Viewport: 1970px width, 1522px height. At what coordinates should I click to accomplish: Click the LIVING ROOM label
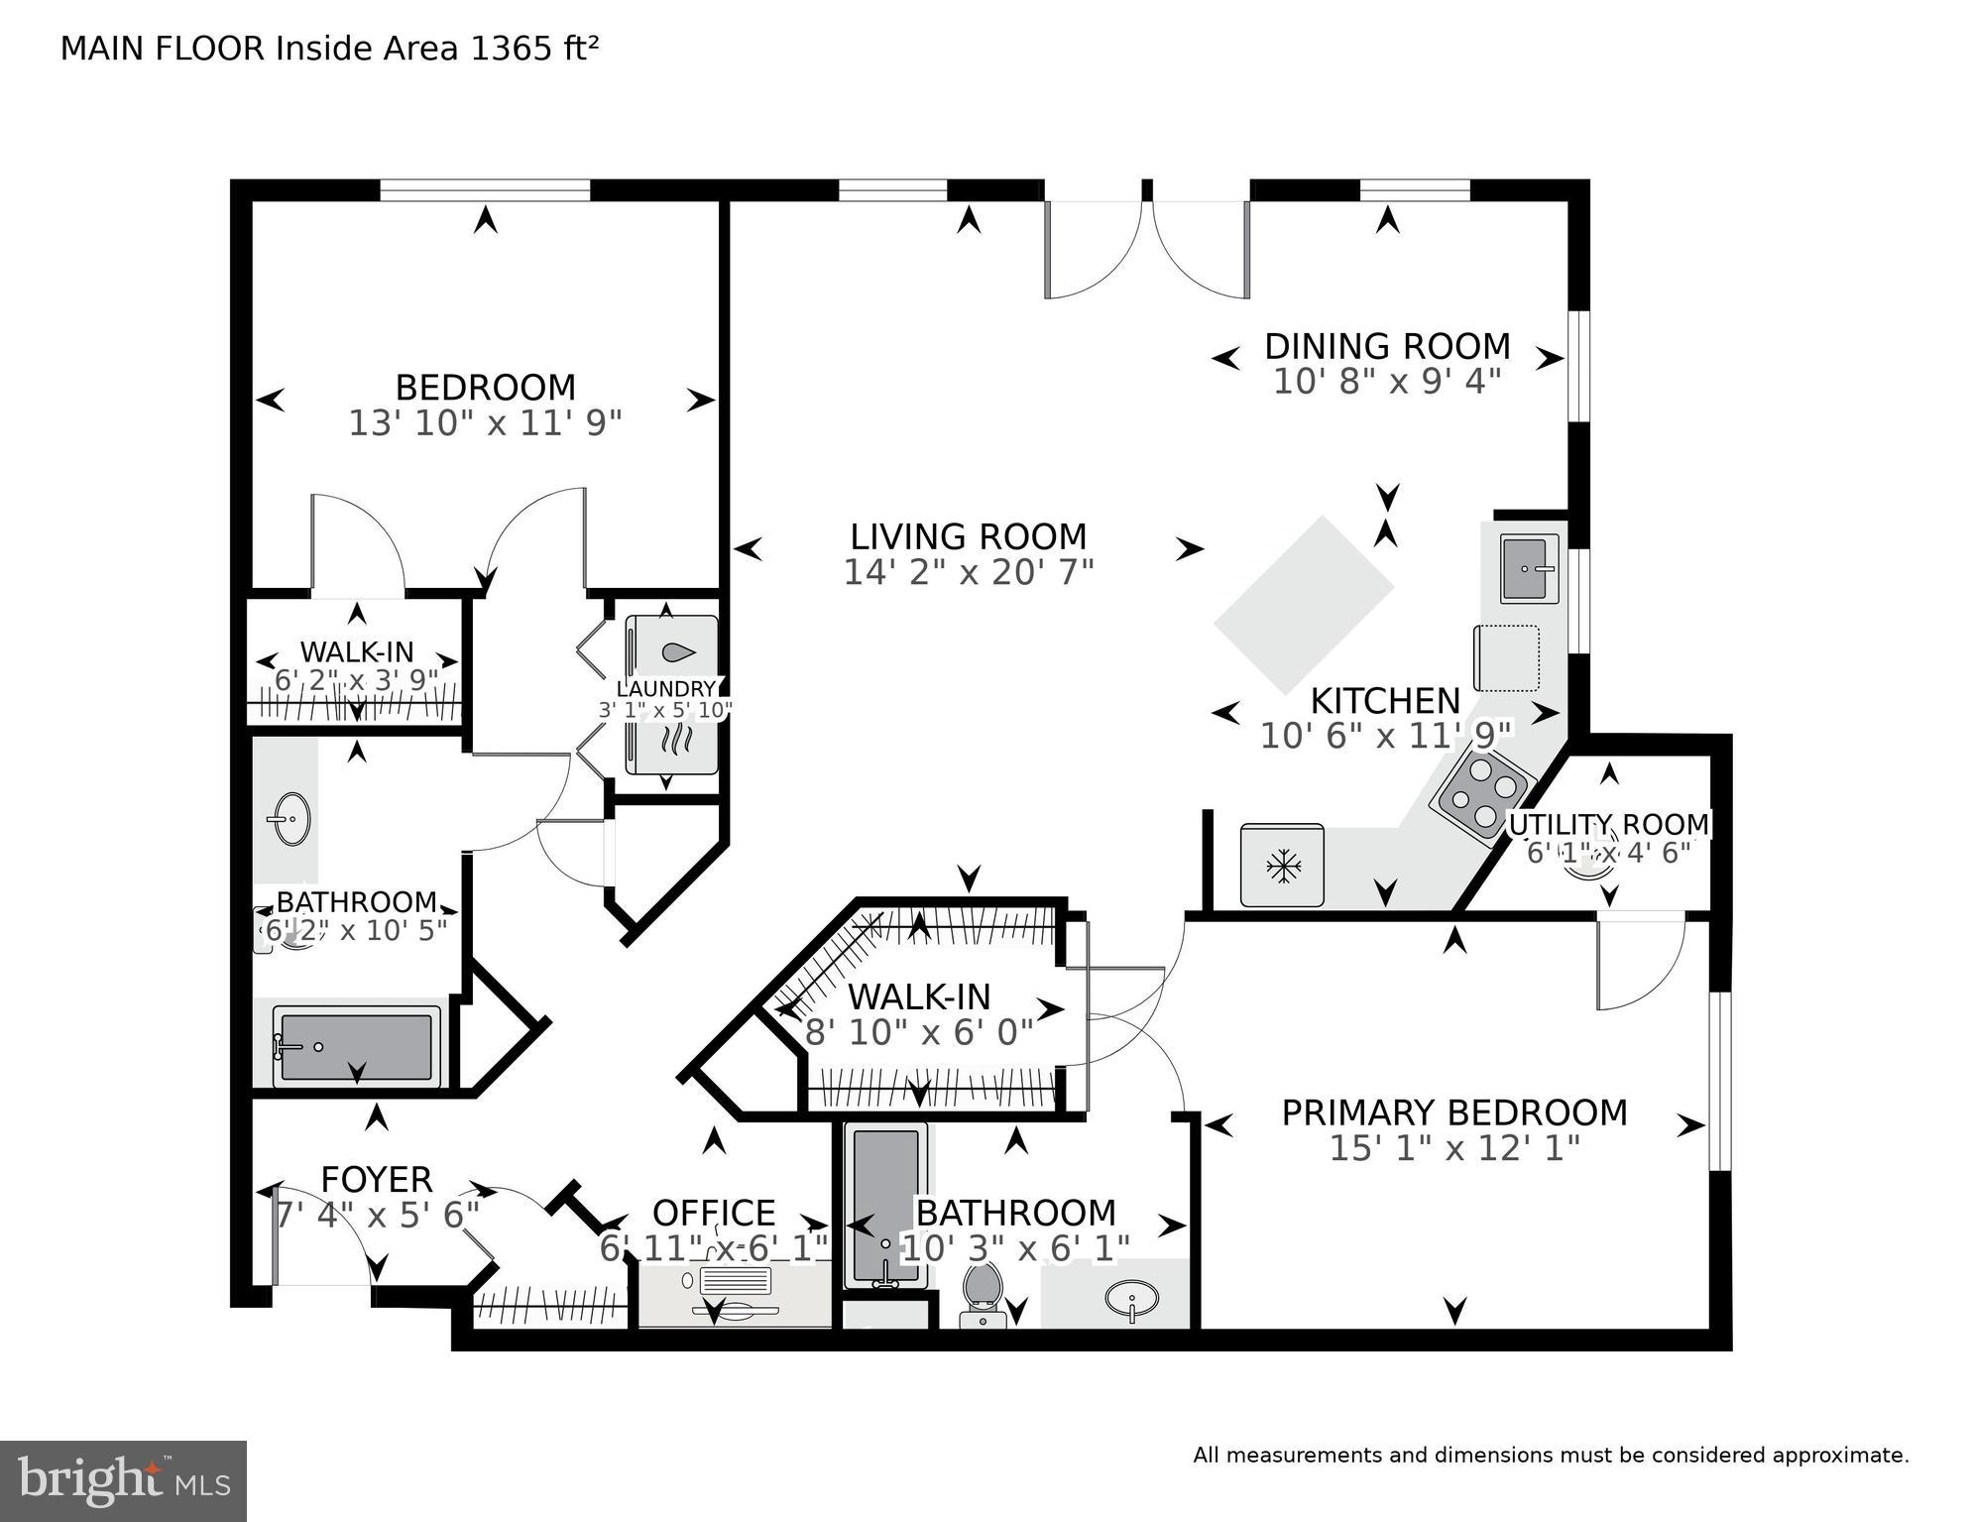click(x=968, y=536)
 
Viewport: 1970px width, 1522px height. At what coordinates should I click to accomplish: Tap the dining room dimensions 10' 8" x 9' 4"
click(x=1386, y=382)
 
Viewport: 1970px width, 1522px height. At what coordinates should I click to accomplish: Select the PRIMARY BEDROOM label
click(x=1453, y=1112)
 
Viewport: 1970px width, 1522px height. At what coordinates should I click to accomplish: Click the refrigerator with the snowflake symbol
click(x=1282, y=865)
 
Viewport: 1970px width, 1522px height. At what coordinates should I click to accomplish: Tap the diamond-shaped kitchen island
click(x=1304, y=604)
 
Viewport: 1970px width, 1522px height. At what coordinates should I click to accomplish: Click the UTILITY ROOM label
click(x=1608, y=824)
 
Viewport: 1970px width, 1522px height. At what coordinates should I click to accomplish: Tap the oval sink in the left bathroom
click(x=289, y=819)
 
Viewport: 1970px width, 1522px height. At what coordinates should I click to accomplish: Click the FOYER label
click(x=377, y=1179)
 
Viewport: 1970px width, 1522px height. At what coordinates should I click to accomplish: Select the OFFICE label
click(x=713, y=1213)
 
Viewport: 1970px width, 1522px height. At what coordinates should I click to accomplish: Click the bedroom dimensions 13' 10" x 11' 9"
click(x=485, y=423)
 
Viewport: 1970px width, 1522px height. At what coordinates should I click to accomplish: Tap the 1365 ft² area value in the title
click(x=533, y=49)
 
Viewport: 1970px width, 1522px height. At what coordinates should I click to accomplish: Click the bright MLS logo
click(x=123, y=1481)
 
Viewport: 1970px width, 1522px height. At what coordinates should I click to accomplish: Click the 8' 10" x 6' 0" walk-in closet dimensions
click(x=919, y=1032)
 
